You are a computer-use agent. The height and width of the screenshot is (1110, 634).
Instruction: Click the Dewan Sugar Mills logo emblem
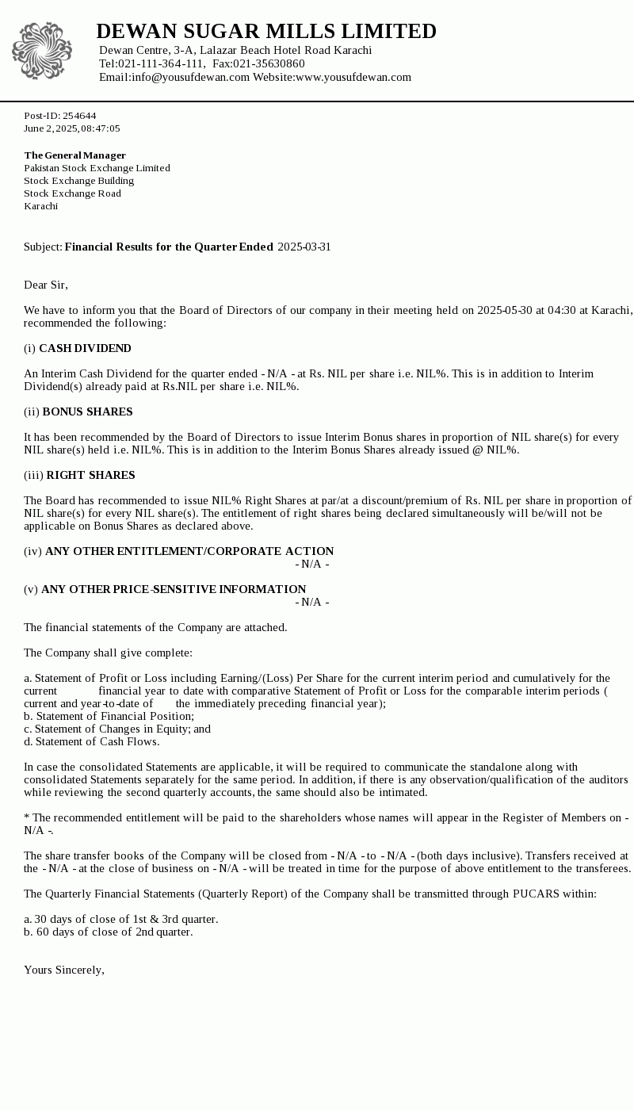point(42,51)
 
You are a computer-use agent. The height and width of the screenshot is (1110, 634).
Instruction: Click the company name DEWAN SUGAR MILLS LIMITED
point(266,32)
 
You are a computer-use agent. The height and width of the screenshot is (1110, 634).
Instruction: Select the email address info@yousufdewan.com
point(190,77)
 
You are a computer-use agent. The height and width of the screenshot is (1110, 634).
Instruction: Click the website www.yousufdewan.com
point(353,77)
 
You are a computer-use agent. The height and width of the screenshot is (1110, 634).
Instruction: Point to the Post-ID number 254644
point(79,116)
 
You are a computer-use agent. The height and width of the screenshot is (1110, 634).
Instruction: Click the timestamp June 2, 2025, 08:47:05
point(72,128)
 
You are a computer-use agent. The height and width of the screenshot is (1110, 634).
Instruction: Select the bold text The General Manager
point(74,155)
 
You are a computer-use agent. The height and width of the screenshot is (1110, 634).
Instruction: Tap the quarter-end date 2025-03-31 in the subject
point(304,247)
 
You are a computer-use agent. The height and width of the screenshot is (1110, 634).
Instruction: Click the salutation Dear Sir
point(46,285)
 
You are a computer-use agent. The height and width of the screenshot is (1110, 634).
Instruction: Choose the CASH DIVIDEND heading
point(85,348)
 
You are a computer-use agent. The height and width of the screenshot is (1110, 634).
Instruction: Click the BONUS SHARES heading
point(87,411)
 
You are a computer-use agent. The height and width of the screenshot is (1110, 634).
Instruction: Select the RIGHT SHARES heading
point(90,475)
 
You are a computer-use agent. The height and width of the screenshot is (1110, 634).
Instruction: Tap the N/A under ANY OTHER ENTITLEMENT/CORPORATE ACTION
point(311,564)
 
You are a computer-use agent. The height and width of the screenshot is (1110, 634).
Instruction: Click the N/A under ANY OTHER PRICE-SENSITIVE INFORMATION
point(311,602)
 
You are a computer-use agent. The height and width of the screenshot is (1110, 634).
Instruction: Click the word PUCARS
point(537,894)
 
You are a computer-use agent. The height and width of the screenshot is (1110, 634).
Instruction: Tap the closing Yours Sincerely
point(64,970)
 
